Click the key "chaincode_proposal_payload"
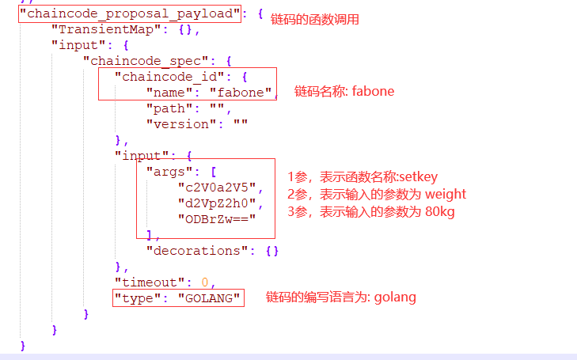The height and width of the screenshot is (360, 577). tap(130, 14)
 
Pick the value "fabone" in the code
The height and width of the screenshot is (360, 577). tap(240, 92)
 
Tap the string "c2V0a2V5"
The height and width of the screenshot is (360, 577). tap(216, 187)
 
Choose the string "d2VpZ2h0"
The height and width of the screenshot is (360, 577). tap(216, 203)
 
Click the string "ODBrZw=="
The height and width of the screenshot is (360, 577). tap(216, 218)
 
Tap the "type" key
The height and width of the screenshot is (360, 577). tap(137, 297)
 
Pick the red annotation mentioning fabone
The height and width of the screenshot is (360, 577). tap(344, 91)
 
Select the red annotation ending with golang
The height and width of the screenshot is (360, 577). tap(340, 297)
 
